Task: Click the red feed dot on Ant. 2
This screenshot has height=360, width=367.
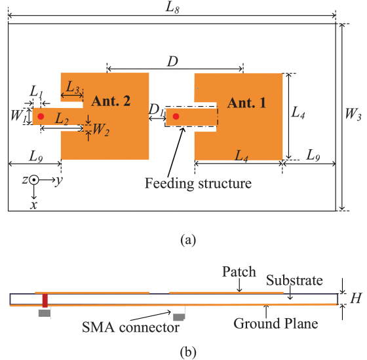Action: (x=41, y=117)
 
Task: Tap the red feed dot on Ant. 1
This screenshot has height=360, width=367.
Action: (x=176, y=117)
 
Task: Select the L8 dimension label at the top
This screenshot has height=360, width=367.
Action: (x=172, y=8)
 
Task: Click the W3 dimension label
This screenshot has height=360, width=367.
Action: (x=353, y=114)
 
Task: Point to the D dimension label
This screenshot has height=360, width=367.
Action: (x=172, y=62)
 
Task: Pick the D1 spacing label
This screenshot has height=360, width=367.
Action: (x=156, y=110)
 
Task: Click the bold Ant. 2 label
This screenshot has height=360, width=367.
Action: (x=111, y=101)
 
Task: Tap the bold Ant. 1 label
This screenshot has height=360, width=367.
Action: (x=246, y=103)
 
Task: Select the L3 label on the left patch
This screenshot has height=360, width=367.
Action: (x=73, y=88)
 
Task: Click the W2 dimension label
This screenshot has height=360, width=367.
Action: (x=101, y=130)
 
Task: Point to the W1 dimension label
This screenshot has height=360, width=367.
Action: (x=18, y=116)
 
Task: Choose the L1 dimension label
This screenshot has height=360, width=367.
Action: (x=36, y=92)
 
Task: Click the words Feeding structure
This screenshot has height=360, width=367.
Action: (x=198, y=184)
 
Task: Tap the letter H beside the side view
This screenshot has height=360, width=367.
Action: (x=356, y=298)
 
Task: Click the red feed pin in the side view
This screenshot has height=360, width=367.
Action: (x=45, y=300)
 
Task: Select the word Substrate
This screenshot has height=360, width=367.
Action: (x=294, y=280)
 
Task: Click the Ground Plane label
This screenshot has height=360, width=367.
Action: (x=276, y=324)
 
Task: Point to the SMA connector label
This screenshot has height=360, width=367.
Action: (x=130, y=327)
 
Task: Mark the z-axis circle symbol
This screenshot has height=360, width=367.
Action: (x=34, y=180)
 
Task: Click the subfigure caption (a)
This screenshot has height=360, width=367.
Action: (x=188, y=240)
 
